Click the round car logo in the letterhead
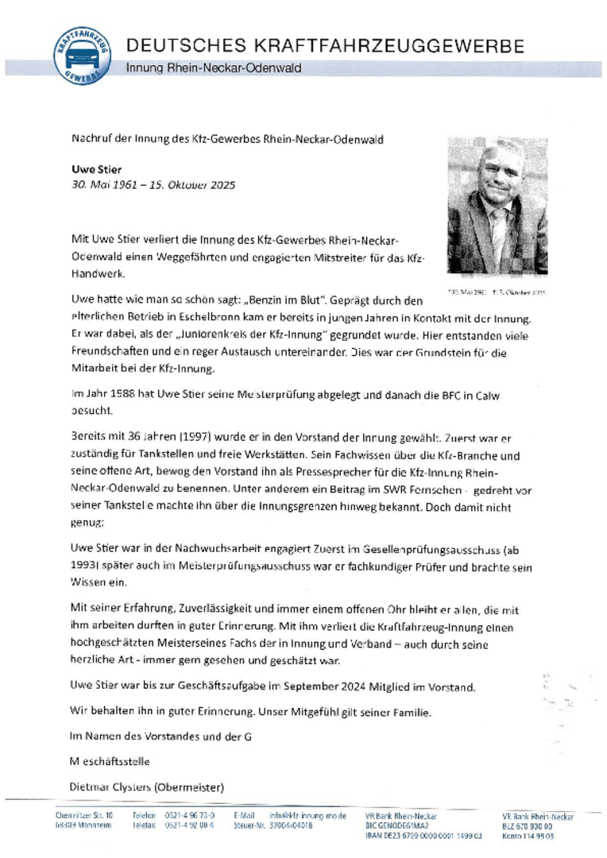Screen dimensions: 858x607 tap(83, 56)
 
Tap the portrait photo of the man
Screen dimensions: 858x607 tap(497, 206)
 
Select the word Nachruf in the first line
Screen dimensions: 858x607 tap(91, 140)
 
